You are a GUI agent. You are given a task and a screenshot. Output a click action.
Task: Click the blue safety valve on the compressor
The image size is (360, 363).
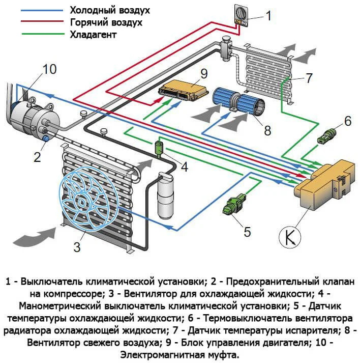point(45,138)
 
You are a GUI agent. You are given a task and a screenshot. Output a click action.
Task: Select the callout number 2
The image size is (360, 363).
point(37,156)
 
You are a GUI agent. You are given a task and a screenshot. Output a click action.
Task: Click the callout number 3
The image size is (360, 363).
point(77,247)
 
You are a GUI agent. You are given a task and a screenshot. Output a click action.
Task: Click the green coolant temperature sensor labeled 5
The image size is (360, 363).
point(233,205)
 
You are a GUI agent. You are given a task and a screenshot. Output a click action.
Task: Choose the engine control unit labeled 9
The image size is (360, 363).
point(183,90)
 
